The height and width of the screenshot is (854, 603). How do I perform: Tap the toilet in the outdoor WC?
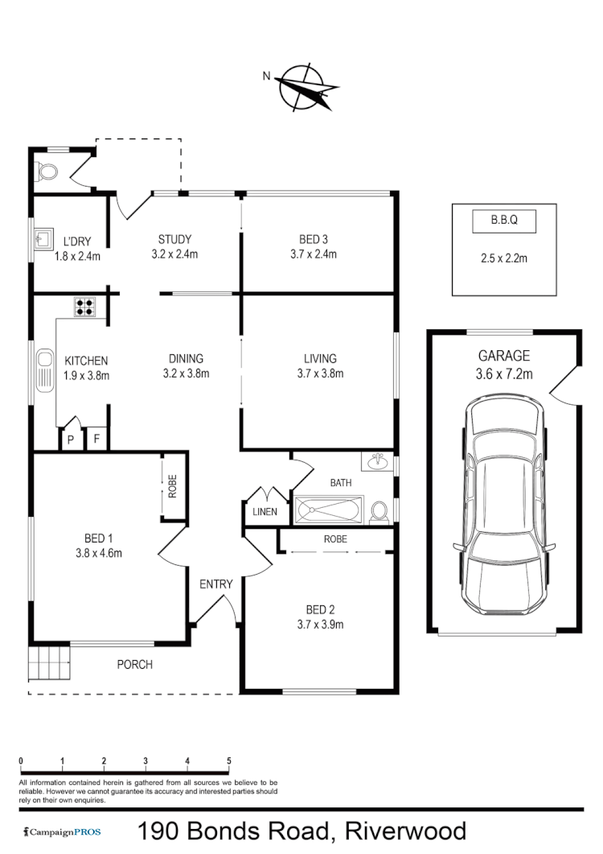[47, 171]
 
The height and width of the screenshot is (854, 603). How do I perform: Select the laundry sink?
[42, 239]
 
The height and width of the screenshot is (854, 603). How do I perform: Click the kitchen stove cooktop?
[84, 307]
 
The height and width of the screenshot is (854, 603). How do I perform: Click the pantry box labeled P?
[70, 439]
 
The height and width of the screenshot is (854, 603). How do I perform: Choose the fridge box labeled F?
[96, 439]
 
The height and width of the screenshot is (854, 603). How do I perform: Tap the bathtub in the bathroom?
[330, 510]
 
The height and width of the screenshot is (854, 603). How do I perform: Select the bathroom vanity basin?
[377, 463]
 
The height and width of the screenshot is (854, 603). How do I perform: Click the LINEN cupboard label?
[265, 512]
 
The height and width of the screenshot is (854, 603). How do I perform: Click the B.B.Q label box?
[503, 220]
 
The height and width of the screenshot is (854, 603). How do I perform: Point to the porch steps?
[49, 664]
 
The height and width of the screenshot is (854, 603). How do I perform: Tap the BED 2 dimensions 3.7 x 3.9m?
[319, 625]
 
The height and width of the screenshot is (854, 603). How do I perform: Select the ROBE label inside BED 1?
[172, 488]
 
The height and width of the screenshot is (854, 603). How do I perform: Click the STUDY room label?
[174, 239]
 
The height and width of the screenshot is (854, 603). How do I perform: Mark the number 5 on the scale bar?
[229, 761]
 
